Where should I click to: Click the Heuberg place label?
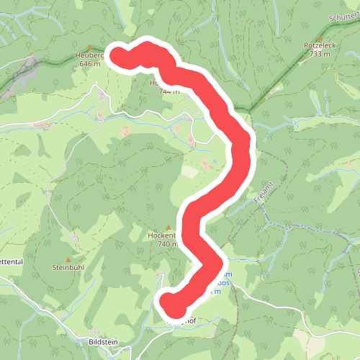pos(90,55)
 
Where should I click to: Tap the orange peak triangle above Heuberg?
pos(90,48)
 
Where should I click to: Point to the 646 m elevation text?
pos(90,64)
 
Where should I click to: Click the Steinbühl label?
pos(69,267)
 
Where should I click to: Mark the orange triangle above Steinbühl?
pos(69,259)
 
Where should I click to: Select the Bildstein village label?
pos(103,341)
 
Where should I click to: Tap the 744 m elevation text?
pos(164,91)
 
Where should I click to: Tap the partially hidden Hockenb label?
pos(161,235)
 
